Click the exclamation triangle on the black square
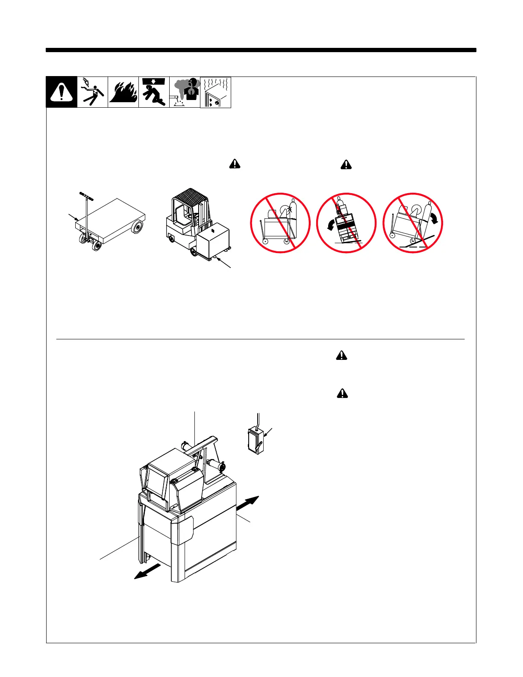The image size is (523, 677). (62, 92)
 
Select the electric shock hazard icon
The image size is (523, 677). (92, 92)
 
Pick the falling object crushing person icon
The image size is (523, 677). (154, 92)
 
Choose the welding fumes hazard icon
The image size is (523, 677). (185, 92)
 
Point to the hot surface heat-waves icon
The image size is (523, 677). (215, 92)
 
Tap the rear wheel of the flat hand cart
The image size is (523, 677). (138, 227)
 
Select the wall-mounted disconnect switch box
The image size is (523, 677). (255, 439)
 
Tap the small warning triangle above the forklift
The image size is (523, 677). (235, 164)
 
